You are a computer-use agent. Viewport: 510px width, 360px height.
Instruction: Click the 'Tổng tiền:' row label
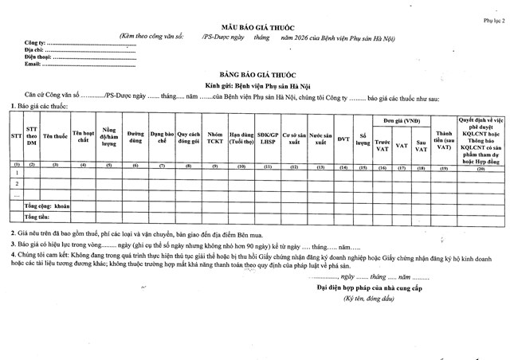pos(37,217)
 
